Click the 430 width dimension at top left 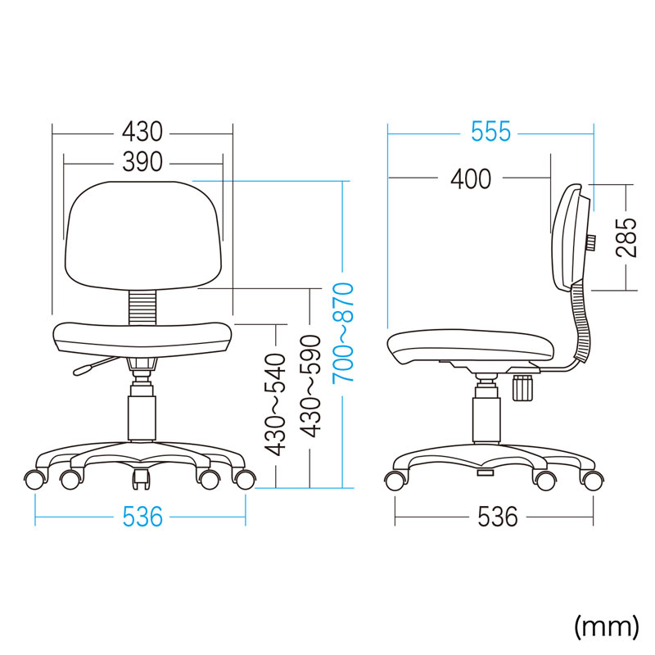[x=142, y=132]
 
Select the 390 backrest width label [x=142, y=161]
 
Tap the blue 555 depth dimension [x=490, y=132]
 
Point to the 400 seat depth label [x=471, y=179]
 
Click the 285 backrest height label [x=626, y=237]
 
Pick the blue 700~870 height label [x=343, y=333]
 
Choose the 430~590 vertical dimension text [x=310, y=386]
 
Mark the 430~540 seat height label [x=276, y=404]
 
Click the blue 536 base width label [x=142, y=517]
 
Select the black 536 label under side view [x=498, y=517]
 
